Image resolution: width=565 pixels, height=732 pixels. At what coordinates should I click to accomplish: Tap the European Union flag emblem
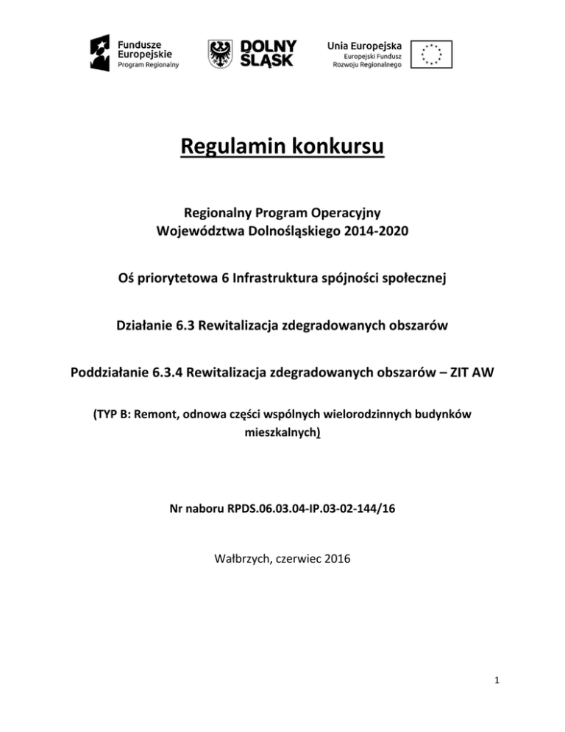coord(432,54)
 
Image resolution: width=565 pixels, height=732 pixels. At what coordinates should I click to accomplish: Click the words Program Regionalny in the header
coord(148,64)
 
